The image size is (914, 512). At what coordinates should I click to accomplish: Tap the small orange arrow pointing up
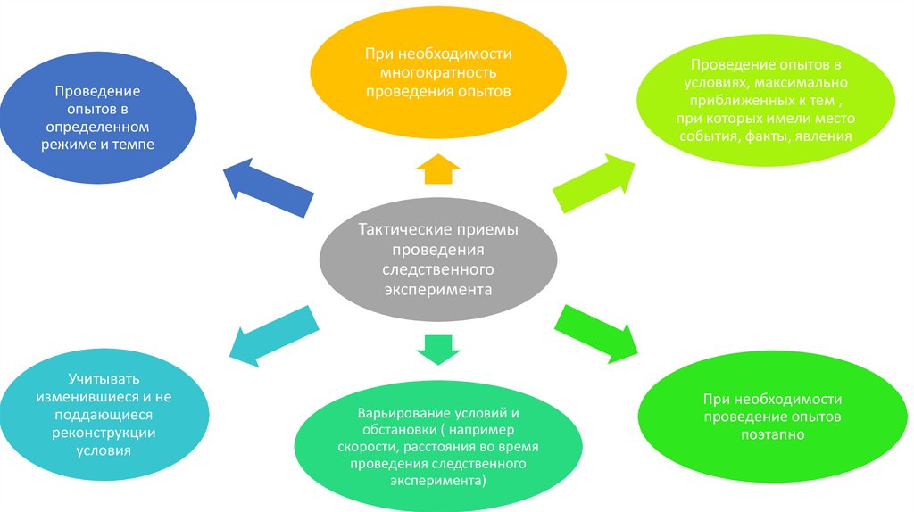point(437,169)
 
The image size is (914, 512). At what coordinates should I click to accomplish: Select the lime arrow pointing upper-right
point(594,183)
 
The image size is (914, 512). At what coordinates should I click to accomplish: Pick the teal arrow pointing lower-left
point(272,335)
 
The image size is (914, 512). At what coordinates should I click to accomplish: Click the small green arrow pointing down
point(437,349)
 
